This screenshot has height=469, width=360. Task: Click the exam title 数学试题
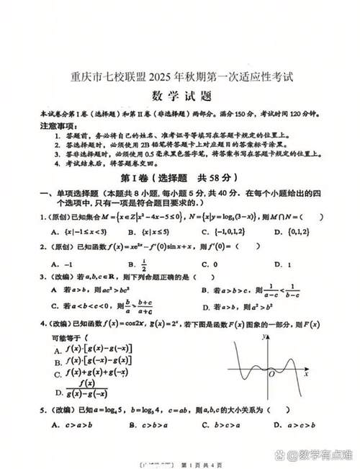point(179,95)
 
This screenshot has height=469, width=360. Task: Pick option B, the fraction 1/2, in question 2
point(136,264)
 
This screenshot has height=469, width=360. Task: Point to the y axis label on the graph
point(265,336)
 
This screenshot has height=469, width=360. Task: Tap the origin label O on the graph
point(270,375)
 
